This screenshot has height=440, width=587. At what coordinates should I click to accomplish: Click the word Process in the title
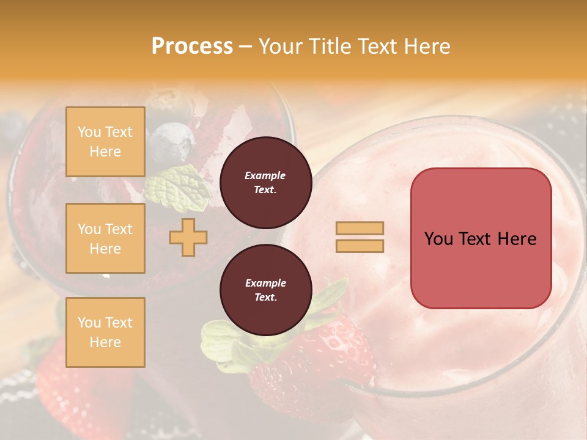(x=192, y=46)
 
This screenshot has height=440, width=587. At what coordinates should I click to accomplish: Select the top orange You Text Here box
(x=105, y=142)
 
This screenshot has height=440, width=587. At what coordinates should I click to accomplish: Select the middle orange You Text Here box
(x=105, y=238)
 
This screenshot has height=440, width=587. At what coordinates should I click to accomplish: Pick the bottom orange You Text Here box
(x=105, y=332)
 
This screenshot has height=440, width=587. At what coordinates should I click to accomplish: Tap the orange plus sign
(x=188, y=237)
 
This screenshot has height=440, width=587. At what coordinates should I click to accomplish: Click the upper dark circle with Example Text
(x=265, y=183)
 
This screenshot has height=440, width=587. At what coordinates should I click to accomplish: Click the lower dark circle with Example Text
(x=265, y=290)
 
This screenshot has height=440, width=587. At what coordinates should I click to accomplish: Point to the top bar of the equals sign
(x=360, y=228)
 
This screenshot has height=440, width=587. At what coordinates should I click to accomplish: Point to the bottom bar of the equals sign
(x=360, y=246)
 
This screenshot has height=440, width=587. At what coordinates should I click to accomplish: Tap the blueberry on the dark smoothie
(x=172, y=141)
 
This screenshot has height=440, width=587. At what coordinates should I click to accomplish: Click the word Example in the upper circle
(x=265, y=175)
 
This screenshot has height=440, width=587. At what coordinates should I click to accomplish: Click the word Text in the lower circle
(x=265, y=298)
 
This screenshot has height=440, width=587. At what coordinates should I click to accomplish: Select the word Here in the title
(x=428, y=46)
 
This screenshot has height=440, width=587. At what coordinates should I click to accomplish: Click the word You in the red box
(x=438, y=239)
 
